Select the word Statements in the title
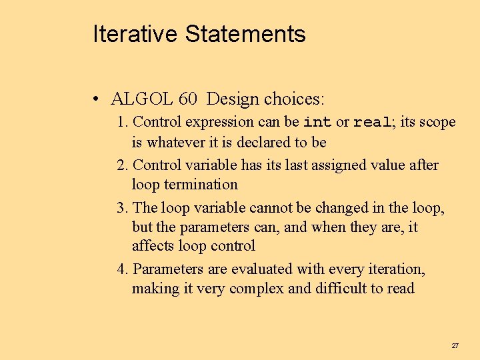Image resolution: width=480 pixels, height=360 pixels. point(245,34)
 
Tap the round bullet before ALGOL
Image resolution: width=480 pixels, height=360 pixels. point(97,100)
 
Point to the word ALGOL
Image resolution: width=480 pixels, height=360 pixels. point(141,99)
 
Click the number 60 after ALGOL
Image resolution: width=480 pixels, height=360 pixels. point(187,99)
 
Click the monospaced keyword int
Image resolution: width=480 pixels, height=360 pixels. point(317,123)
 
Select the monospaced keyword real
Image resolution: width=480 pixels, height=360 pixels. point(371,123)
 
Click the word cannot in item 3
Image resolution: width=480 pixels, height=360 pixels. point(271,207)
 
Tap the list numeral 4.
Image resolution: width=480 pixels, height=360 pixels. point(121,269)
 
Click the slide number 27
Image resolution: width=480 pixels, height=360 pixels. point(455,345)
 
